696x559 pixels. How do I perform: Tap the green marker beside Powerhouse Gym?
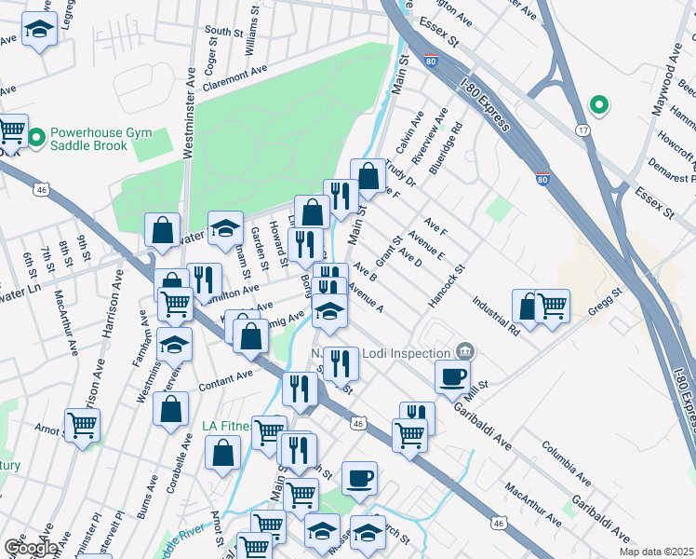click(37, 141)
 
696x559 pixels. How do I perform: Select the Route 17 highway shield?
click(582, 129)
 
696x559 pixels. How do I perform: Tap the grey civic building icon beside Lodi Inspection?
click(466, 351)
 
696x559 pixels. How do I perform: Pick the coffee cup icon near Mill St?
click(453, 377)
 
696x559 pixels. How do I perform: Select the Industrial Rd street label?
click(494, 315)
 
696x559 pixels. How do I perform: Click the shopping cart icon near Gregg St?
click(553, 305)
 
